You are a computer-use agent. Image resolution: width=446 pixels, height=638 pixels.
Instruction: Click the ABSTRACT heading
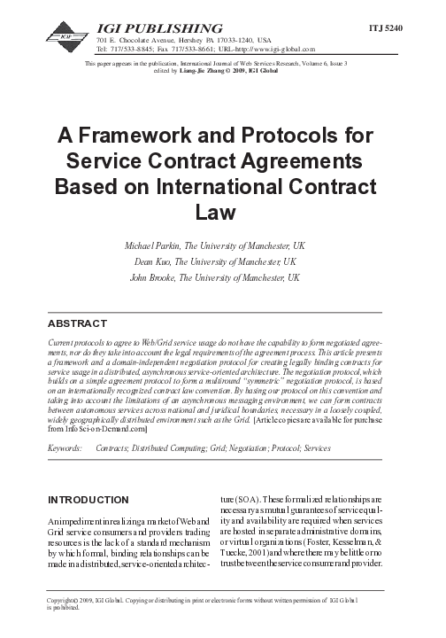click(84, 323)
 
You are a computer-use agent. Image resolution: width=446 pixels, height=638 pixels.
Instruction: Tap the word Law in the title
click(222, 213)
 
